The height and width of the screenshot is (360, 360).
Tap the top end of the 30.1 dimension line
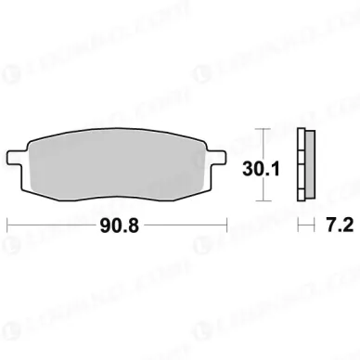point(264,126)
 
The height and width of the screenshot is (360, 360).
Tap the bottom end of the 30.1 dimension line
point(264,200)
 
